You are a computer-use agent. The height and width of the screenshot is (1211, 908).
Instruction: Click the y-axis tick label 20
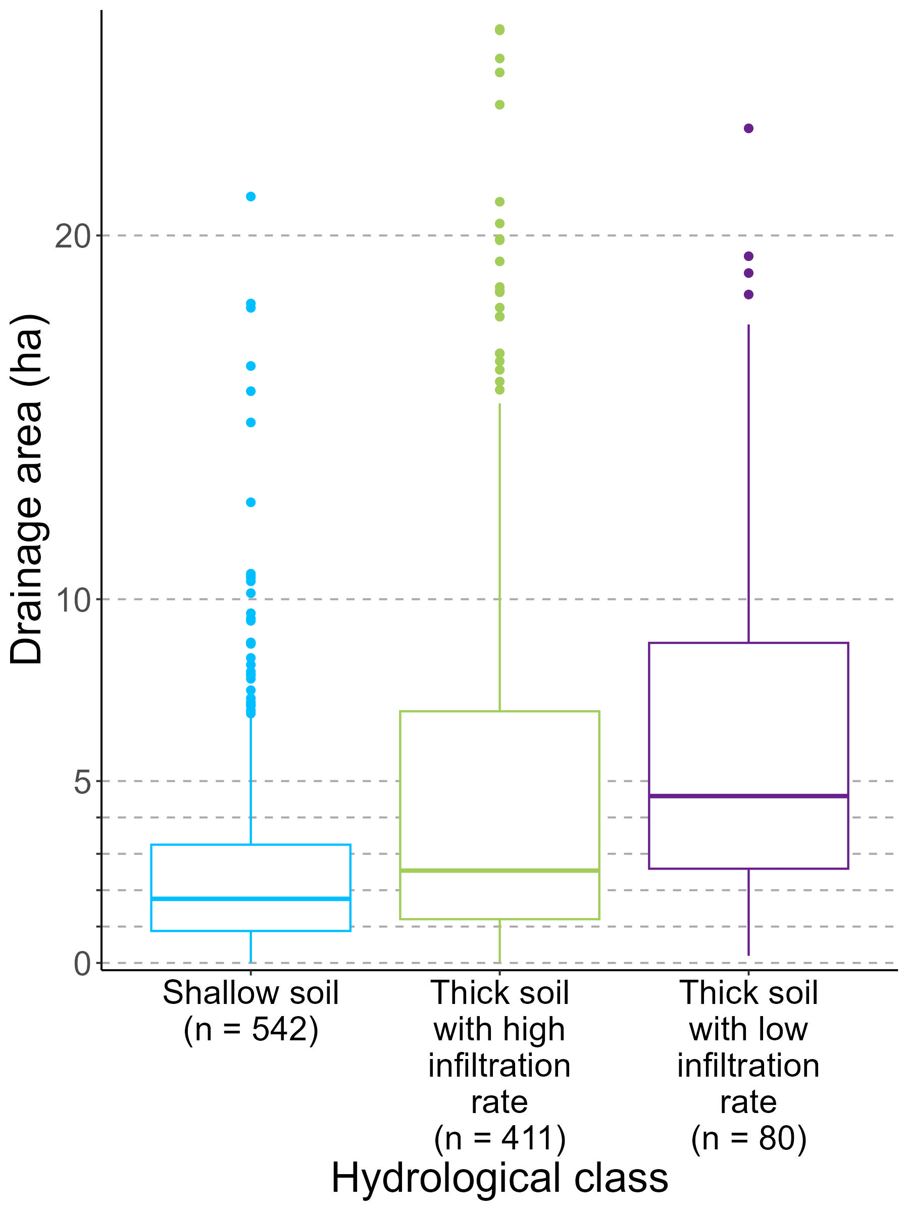(72, 236)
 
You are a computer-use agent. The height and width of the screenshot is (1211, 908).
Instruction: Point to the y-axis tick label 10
(72, 600)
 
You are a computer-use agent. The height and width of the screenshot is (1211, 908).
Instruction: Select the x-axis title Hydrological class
(499, 1177)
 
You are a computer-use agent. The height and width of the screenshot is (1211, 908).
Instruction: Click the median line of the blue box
(250, 898)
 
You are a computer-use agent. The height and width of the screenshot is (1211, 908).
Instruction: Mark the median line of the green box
(499, 870)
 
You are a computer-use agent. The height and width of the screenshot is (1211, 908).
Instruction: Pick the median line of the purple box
(748, 795)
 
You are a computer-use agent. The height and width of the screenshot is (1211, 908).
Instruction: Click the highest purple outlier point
(748, 128)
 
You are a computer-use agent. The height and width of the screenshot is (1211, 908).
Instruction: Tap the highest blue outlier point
(250, 196)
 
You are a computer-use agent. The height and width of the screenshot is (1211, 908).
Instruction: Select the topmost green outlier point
(499, 30)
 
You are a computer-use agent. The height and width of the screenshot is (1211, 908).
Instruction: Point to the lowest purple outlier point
(748, 294)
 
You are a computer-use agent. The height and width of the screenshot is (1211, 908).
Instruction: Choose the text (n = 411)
(499, 1138)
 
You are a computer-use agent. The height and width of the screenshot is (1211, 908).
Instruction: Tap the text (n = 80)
(748, 1138)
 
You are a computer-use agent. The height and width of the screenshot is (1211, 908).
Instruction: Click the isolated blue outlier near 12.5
(250, 502)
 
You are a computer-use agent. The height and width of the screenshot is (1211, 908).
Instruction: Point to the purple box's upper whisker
(748, 482)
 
